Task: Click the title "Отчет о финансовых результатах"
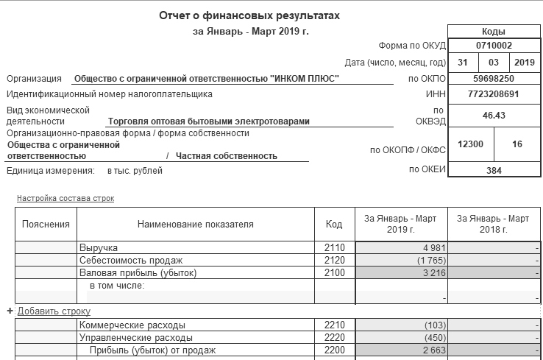(250, 15)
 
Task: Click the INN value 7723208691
(492, 94)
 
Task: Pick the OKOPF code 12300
(470, 144)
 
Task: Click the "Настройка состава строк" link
(65, 199)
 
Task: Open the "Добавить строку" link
(54, 311)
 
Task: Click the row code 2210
(334, 325)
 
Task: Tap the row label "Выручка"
(99, 248)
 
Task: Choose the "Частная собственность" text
(227, 156)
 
